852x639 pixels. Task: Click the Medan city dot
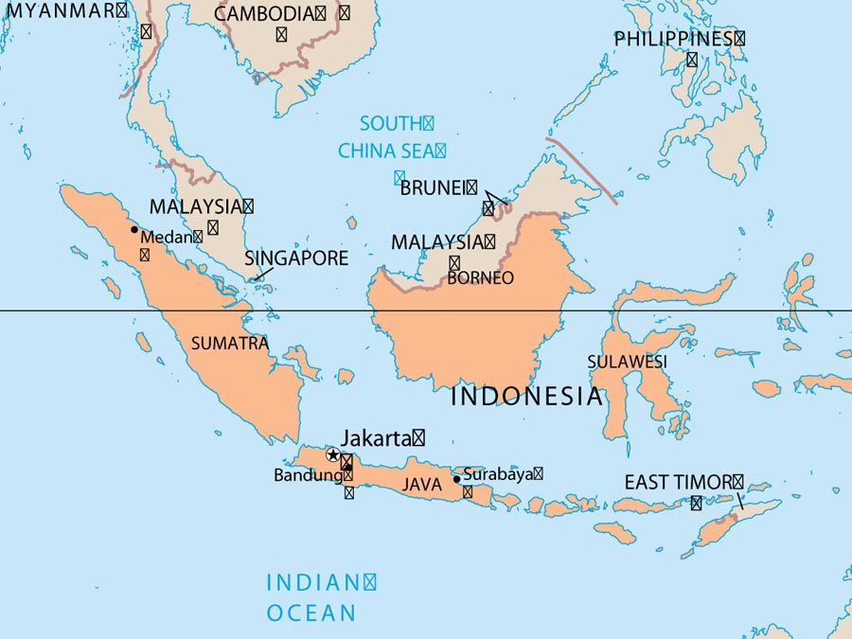click(134, 229)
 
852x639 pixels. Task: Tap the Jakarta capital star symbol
click(332, 455)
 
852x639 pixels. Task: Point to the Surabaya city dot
click(456, 479)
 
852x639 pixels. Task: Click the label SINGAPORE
click(296, 258)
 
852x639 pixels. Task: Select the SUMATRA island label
click(230, 344)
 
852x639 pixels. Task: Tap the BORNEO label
click(480, 278)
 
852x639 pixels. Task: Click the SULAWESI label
click(627, 362)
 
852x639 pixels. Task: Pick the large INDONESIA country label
click(526, 396)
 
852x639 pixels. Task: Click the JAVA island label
click(422, 485)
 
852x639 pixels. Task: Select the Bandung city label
click(308, 475)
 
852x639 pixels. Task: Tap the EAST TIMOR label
click(678, 482)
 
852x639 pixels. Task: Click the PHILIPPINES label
click(673, 40)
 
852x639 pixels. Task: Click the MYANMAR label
click(62, 10)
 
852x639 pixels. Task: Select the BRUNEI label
click(433, 187)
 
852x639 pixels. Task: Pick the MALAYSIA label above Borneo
click(437, 242)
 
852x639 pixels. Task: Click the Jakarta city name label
click(377, 438)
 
